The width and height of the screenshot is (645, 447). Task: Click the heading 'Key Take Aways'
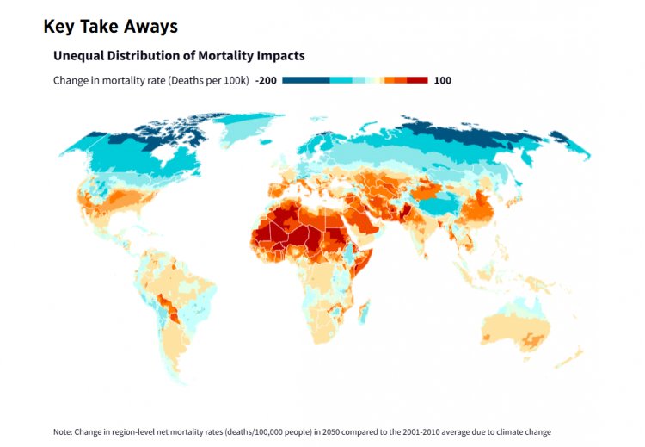pos(110,27)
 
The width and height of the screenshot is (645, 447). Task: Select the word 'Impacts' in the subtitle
pos(279,56)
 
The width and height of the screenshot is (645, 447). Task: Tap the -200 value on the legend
pos(266,80)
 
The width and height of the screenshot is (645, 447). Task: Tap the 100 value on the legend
pos(443,80)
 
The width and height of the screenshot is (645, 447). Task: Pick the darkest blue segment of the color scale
pos(305,80)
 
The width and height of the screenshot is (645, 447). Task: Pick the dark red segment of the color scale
pos(417,80)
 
